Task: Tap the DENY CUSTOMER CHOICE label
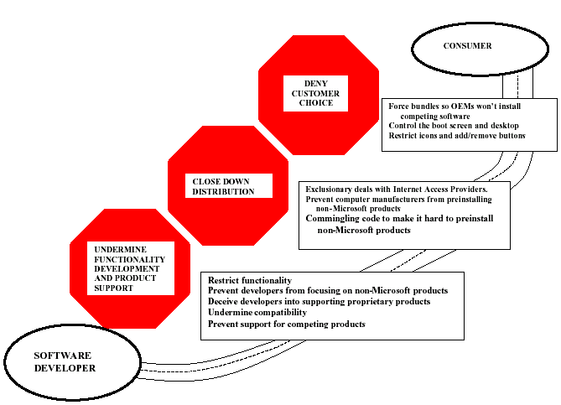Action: tap(315, 93)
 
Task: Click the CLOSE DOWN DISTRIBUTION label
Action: tap(229, 185)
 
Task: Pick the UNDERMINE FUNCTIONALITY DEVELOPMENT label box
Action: tap(131, 268)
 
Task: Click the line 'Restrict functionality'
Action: tap(250, 281)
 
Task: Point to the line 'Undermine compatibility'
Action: tap(257, 312)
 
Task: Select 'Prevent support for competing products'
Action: tap(287, 325)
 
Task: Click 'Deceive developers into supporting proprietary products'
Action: tap(319, 302)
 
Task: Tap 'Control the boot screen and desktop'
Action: tap(454, 126)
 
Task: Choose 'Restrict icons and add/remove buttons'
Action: tap(457, 136)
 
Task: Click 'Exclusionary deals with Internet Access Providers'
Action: tap(396, 190)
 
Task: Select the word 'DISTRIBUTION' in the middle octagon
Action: tap(223, 192)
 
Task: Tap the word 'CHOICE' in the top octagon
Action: tap(316, 103)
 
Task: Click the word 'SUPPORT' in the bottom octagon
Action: tap(113, 288)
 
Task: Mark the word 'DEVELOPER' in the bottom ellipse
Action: tap(65, 368)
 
